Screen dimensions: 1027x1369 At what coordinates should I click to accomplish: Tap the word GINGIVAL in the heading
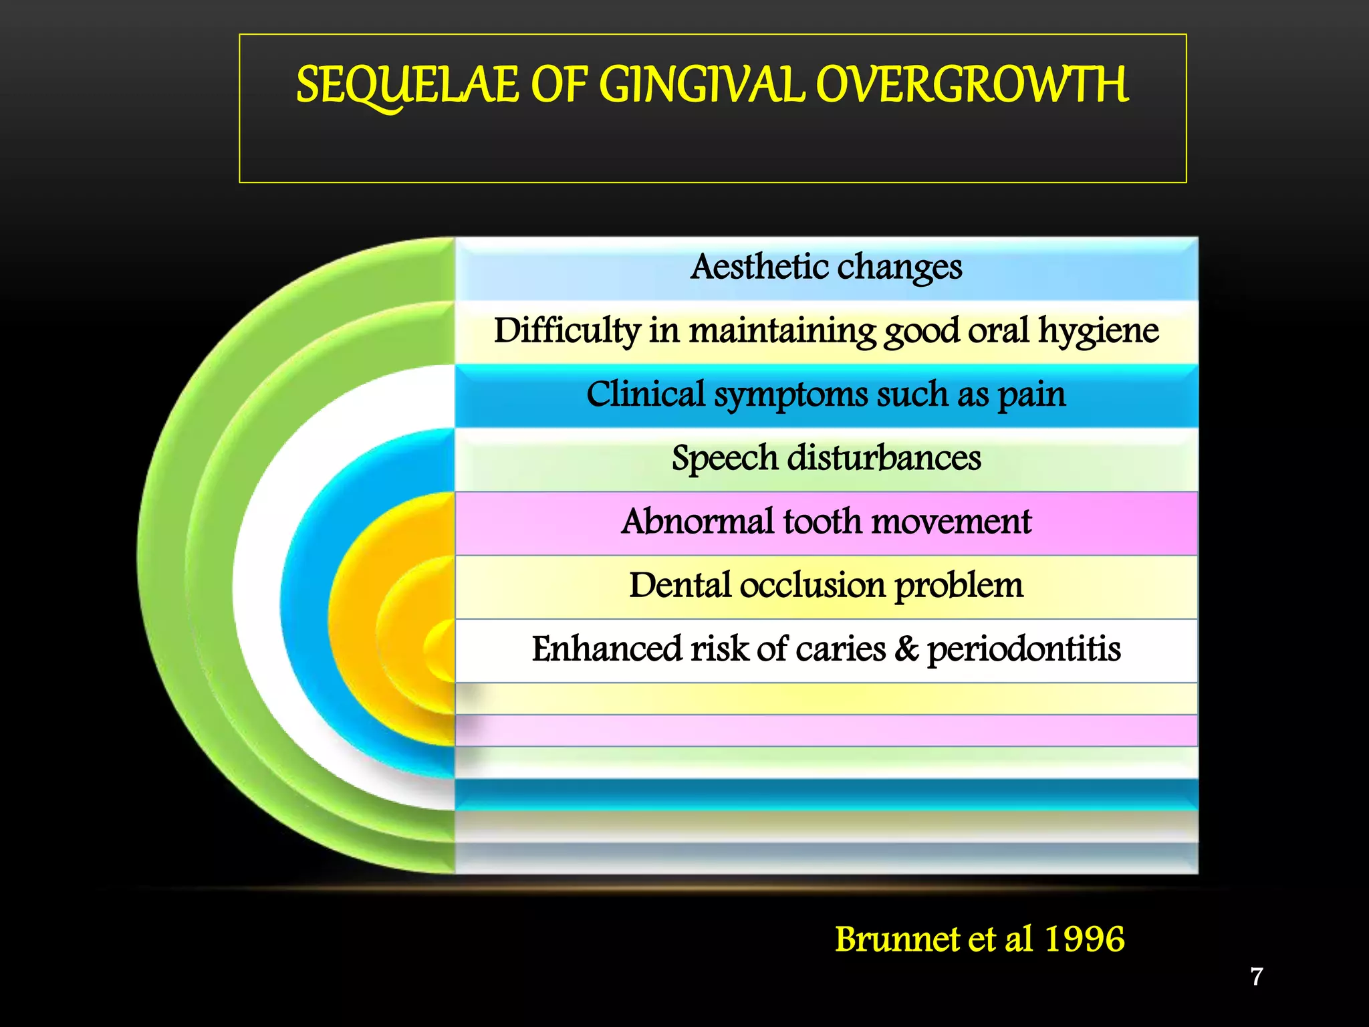pyautogui.click(x=702, y=86)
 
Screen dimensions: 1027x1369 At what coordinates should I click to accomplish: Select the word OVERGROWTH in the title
pyautogui.click(x=972, y=86)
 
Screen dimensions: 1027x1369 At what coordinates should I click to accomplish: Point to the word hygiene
pyautogui.click(x=1098, y=331)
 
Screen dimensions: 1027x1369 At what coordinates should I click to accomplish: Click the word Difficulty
pyautogui.click(x=567, y=330)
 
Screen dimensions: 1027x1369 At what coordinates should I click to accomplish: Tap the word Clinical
pyautogui.click(x=645, y=394)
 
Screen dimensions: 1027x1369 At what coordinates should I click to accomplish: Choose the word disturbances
pyautogui.click(x=884, y=458)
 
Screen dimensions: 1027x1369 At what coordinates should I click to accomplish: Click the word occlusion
pyautogui.click(x=812, y=586)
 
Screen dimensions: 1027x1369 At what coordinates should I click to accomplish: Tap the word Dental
pyautogui.click(x=680, y=586)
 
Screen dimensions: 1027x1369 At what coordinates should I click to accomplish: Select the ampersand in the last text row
pyautogui.click(x=906, y=649)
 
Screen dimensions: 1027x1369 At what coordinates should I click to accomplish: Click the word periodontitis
pyautogui.click(x=1023, y=649)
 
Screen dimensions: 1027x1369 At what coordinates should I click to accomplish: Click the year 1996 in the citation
pyautogui.click(x=1084, y=939)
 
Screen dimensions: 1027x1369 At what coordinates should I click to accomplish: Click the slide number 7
pyautogui.click(x=1257, y=977)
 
